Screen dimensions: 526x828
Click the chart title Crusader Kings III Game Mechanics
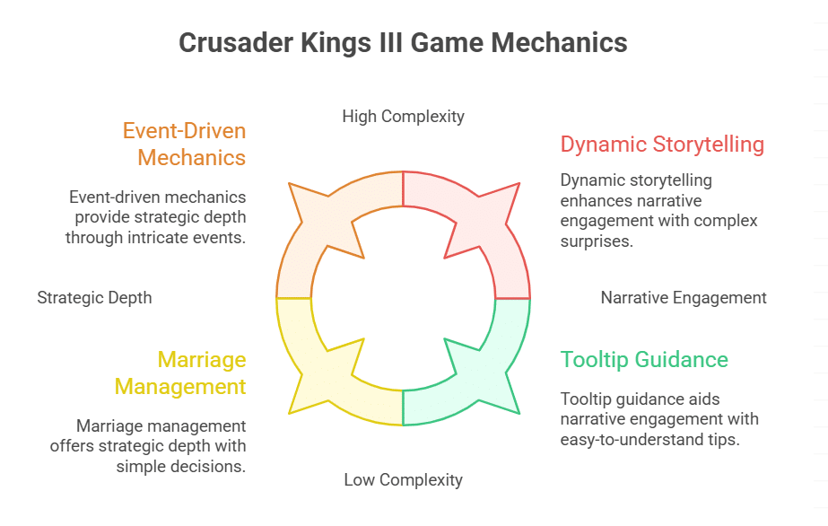(x=403, y=43)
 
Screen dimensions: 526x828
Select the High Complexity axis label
(x=403, y=116)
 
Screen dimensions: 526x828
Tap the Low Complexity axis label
(x=403, y=480)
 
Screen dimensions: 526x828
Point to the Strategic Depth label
(x=94, y=297)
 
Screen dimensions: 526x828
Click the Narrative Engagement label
(x=684, y=297)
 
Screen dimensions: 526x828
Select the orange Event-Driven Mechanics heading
(x=184, y=144)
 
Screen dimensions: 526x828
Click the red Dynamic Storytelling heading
(x=662, y=144)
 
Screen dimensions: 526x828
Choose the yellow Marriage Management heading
(x=201, y=373)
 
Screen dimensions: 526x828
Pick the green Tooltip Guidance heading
(x=644, y=360)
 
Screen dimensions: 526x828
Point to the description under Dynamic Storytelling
(x=658, y=210)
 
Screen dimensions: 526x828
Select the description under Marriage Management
(x=161, y=446)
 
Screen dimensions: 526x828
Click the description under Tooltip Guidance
(x=659, y=419)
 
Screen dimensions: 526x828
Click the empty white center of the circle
(x=403, y=297)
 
